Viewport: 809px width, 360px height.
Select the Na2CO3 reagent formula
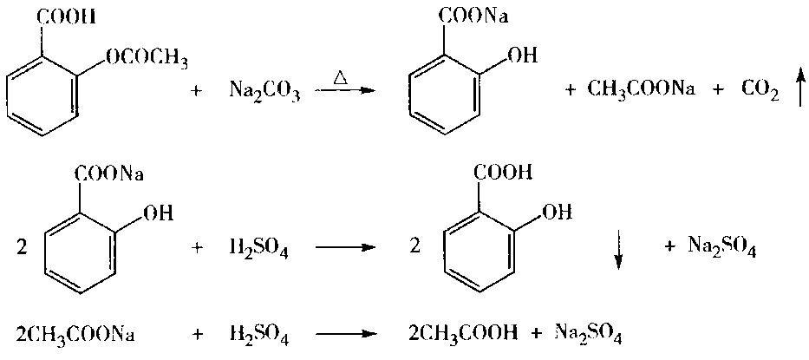pyautogui.click(x=264, y=89)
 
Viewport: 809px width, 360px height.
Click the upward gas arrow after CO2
pyautogui.click(x=799, y=89)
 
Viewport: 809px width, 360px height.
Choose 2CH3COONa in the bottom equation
pyautogui.click(x=75, y=333)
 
